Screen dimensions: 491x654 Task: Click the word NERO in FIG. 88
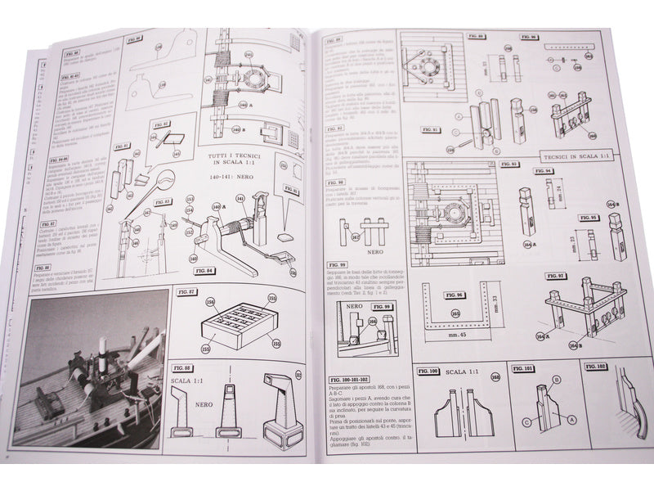point(193,401)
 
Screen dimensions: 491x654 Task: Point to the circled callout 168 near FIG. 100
point(495,378)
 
